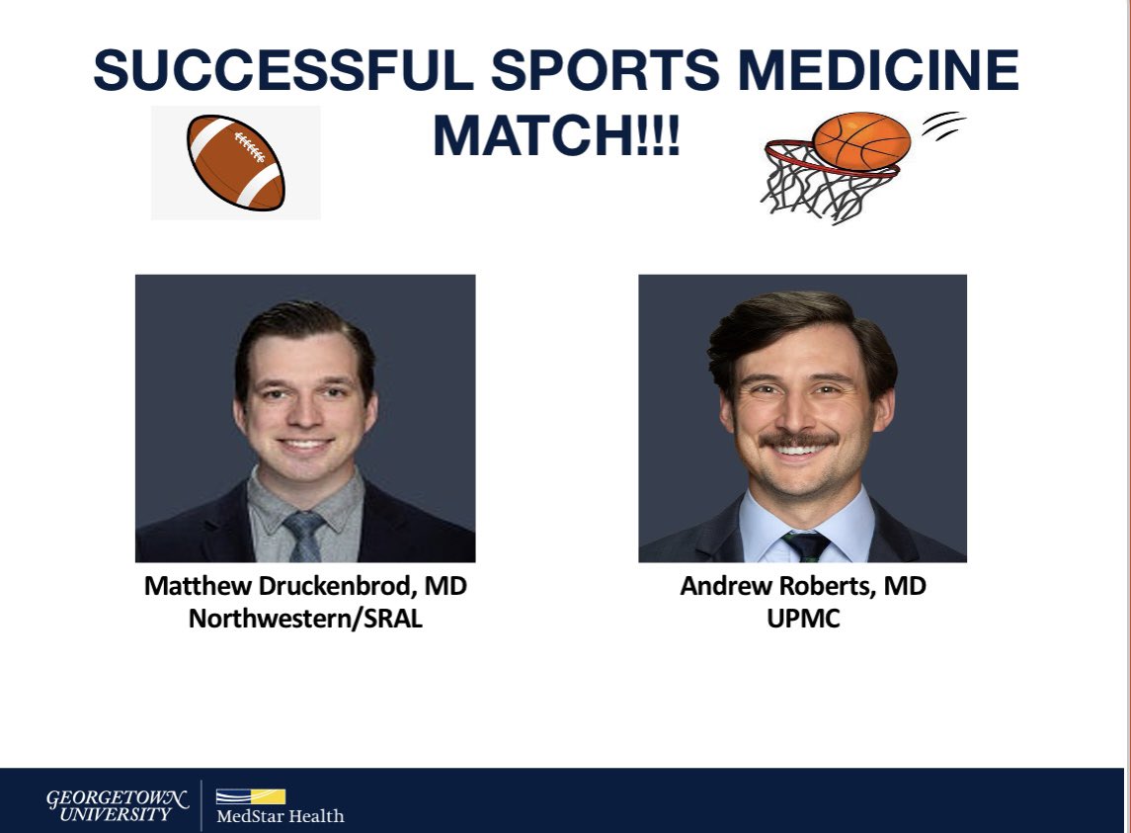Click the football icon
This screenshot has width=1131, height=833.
coord(235,163)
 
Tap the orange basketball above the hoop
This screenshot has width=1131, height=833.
coord(861,139)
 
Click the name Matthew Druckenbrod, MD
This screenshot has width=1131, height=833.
coord(305,586)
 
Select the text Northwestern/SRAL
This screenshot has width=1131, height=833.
coord(305,621)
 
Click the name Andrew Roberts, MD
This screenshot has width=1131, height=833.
coord(803,586)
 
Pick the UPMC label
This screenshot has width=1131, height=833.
coord(803,621)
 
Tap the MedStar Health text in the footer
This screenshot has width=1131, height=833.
coord(280,816)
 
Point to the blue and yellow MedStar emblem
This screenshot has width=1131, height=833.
coord(251,796)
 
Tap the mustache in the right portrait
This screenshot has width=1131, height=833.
coord(801,437)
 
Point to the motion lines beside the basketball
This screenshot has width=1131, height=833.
coord(943,125)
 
